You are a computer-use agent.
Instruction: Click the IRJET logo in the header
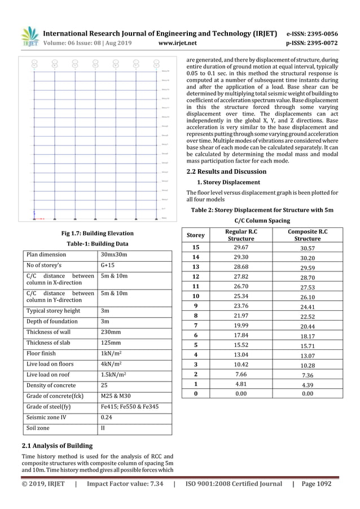point(30,37)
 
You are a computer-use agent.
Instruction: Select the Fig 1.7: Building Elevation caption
point(96,233)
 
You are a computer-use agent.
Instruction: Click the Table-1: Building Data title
point(96,244)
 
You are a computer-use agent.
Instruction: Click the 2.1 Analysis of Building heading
point(57,445)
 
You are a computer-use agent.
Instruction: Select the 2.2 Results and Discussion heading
point(226,172)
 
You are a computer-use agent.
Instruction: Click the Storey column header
point(196,235)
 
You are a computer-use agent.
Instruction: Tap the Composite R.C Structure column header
point(308,235)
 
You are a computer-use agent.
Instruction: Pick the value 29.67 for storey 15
point(241,247)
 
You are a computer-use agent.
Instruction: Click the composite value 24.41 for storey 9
point(308,308)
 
